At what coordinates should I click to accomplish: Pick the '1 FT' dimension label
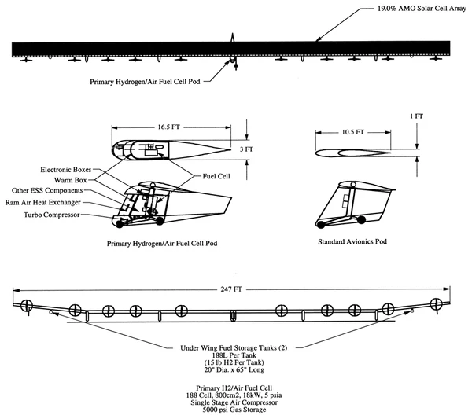pyautogui.click(x=416, y=116)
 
